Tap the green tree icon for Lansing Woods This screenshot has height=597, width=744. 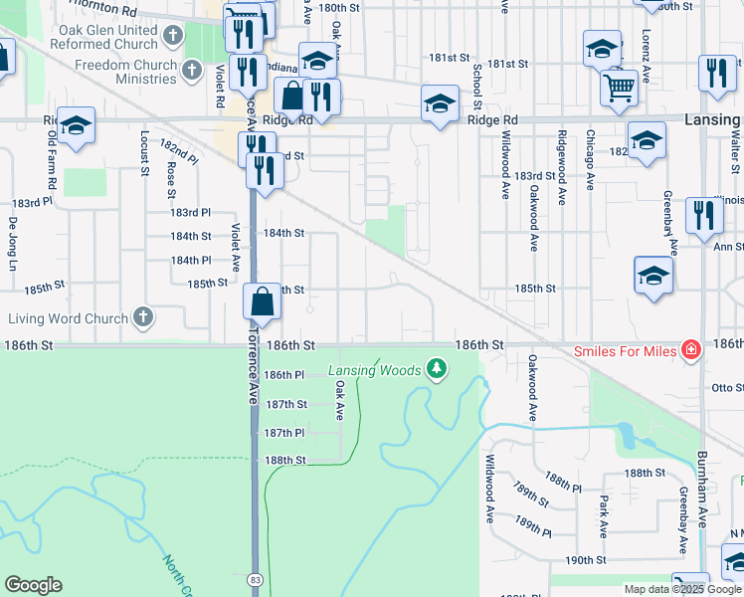436,370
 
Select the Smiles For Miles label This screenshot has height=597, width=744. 625,350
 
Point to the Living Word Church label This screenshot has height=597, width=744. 69,318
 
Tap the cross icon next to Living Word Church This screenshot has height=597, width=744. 143,318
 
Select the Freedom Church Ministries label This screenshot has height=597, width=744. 125,72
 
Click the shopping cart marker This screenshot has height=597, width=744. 619,88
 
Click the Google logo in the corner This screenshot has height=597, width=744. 33,585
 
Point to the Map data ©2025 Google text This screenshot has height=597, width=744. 682,589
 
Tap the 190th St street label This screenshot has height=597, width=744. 587,560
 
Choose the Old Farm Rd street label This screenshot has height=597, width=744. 52,168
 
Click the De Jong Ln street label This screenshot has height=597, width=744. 13,245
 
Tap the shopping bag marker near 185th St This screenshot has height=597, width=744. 261,301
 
